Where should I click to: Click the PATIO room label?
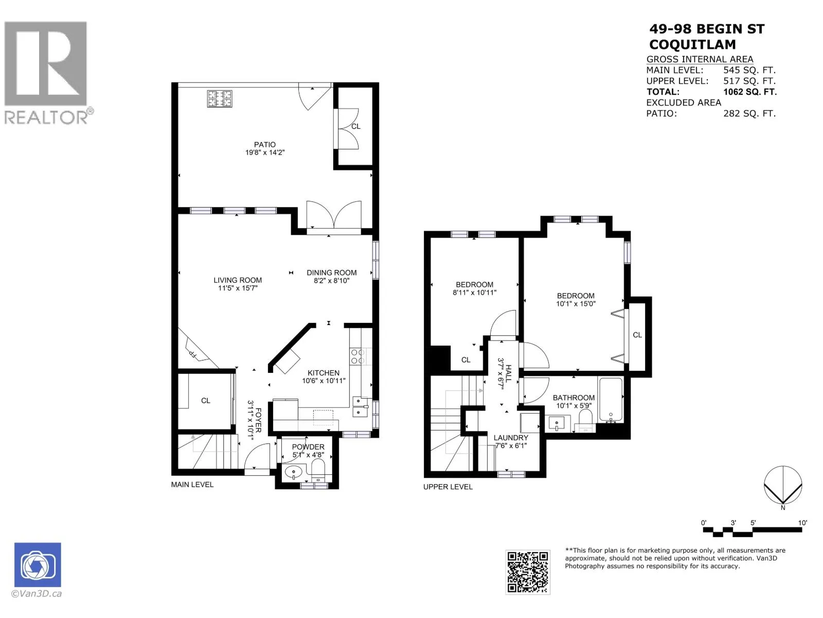264,145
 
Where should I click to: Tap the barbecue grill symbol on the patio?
219,98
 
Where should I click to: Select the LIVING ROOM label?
237,280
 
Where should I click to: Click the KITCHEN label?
323,372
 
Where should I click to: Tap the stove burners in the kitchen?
357,356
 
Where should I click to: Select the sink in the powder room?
294,472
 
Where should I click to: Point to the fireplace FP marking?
193,354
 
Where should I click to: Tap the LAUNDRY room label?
511,438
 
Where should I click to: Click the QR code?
528,572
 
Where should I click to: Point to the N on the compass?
782,508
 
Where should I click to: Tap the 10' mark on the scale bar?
802,523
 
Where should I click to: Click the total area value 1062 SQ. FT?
750,92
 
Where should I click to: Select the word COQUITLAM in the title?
692,45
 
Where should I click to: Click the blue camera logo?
38,564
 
